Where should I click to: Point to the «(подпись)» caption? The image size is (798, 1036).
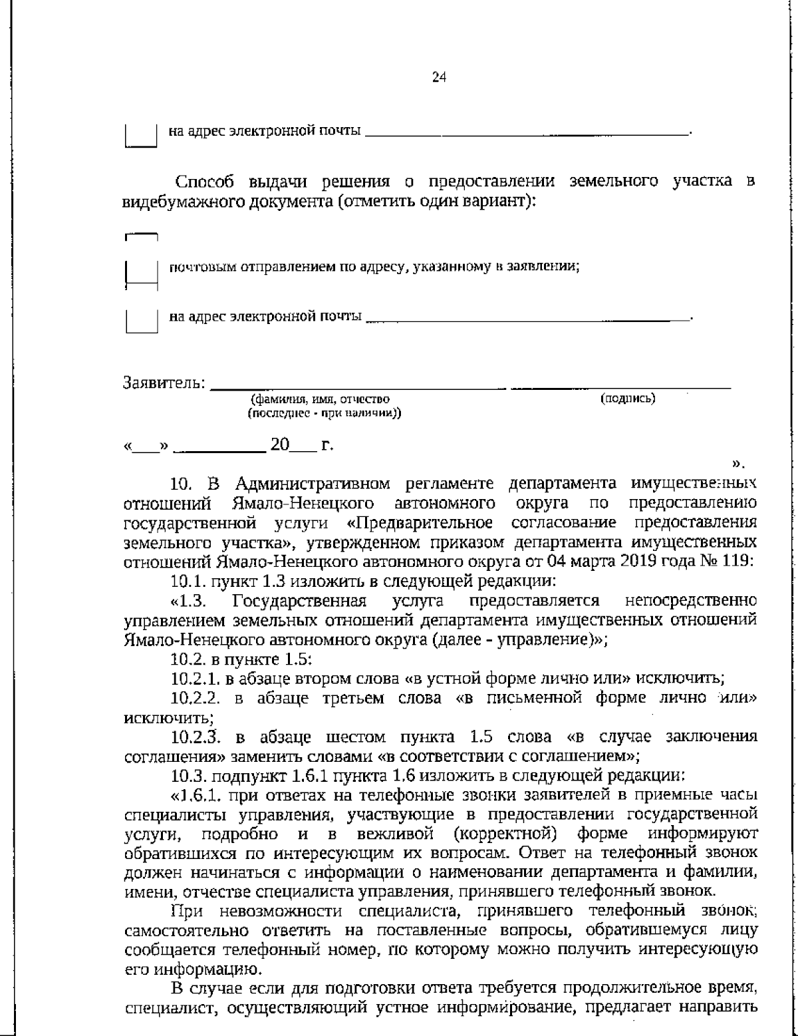[x=628, y=399]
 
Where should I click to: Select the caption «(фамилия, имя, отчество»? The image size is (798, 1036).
[x=320, y=399]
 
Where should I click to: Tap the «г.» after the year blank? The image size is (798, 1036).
[x=327, y=445]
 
